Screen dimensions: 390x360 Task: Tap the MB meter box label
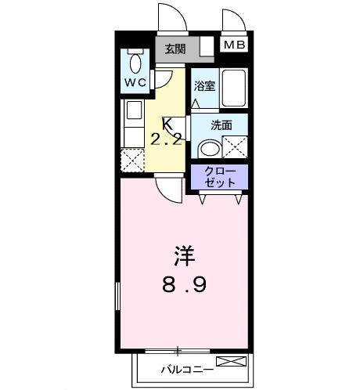(233, 45)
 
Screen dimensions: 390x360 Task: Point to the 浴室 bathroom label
(204, 87)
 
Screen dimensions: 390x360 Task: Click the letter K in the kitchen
(167, 124)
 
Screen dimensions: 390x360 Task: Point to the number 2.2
(167, 140)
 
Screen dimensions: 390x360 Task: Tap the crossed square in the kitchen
(132, 162)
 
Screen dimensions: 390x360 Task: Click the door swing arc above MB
(231, 21)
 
